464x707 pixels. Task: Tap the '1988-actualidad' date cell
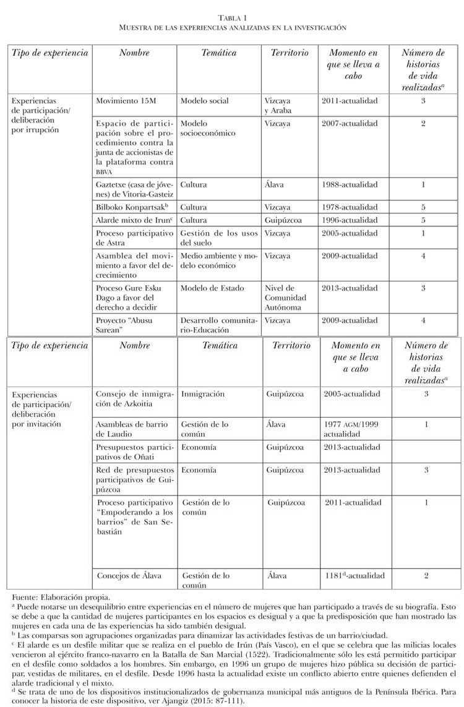click(x=349, y=184)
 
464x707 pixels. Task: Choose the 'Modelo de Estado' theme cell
click(x=212, y=288)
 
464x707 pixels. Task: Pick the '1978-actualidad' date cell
click(x=349, y=207)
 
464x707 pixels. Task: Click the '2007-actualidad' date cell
click(x=349, y=124)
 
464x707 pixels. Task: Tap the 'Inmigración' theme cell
click(x=203, y=394)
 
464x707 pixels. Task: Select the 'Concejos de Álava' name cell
click(x=129, y=576)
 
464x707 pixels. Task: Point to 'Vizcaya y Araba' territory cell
click(x=277, y=106)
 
